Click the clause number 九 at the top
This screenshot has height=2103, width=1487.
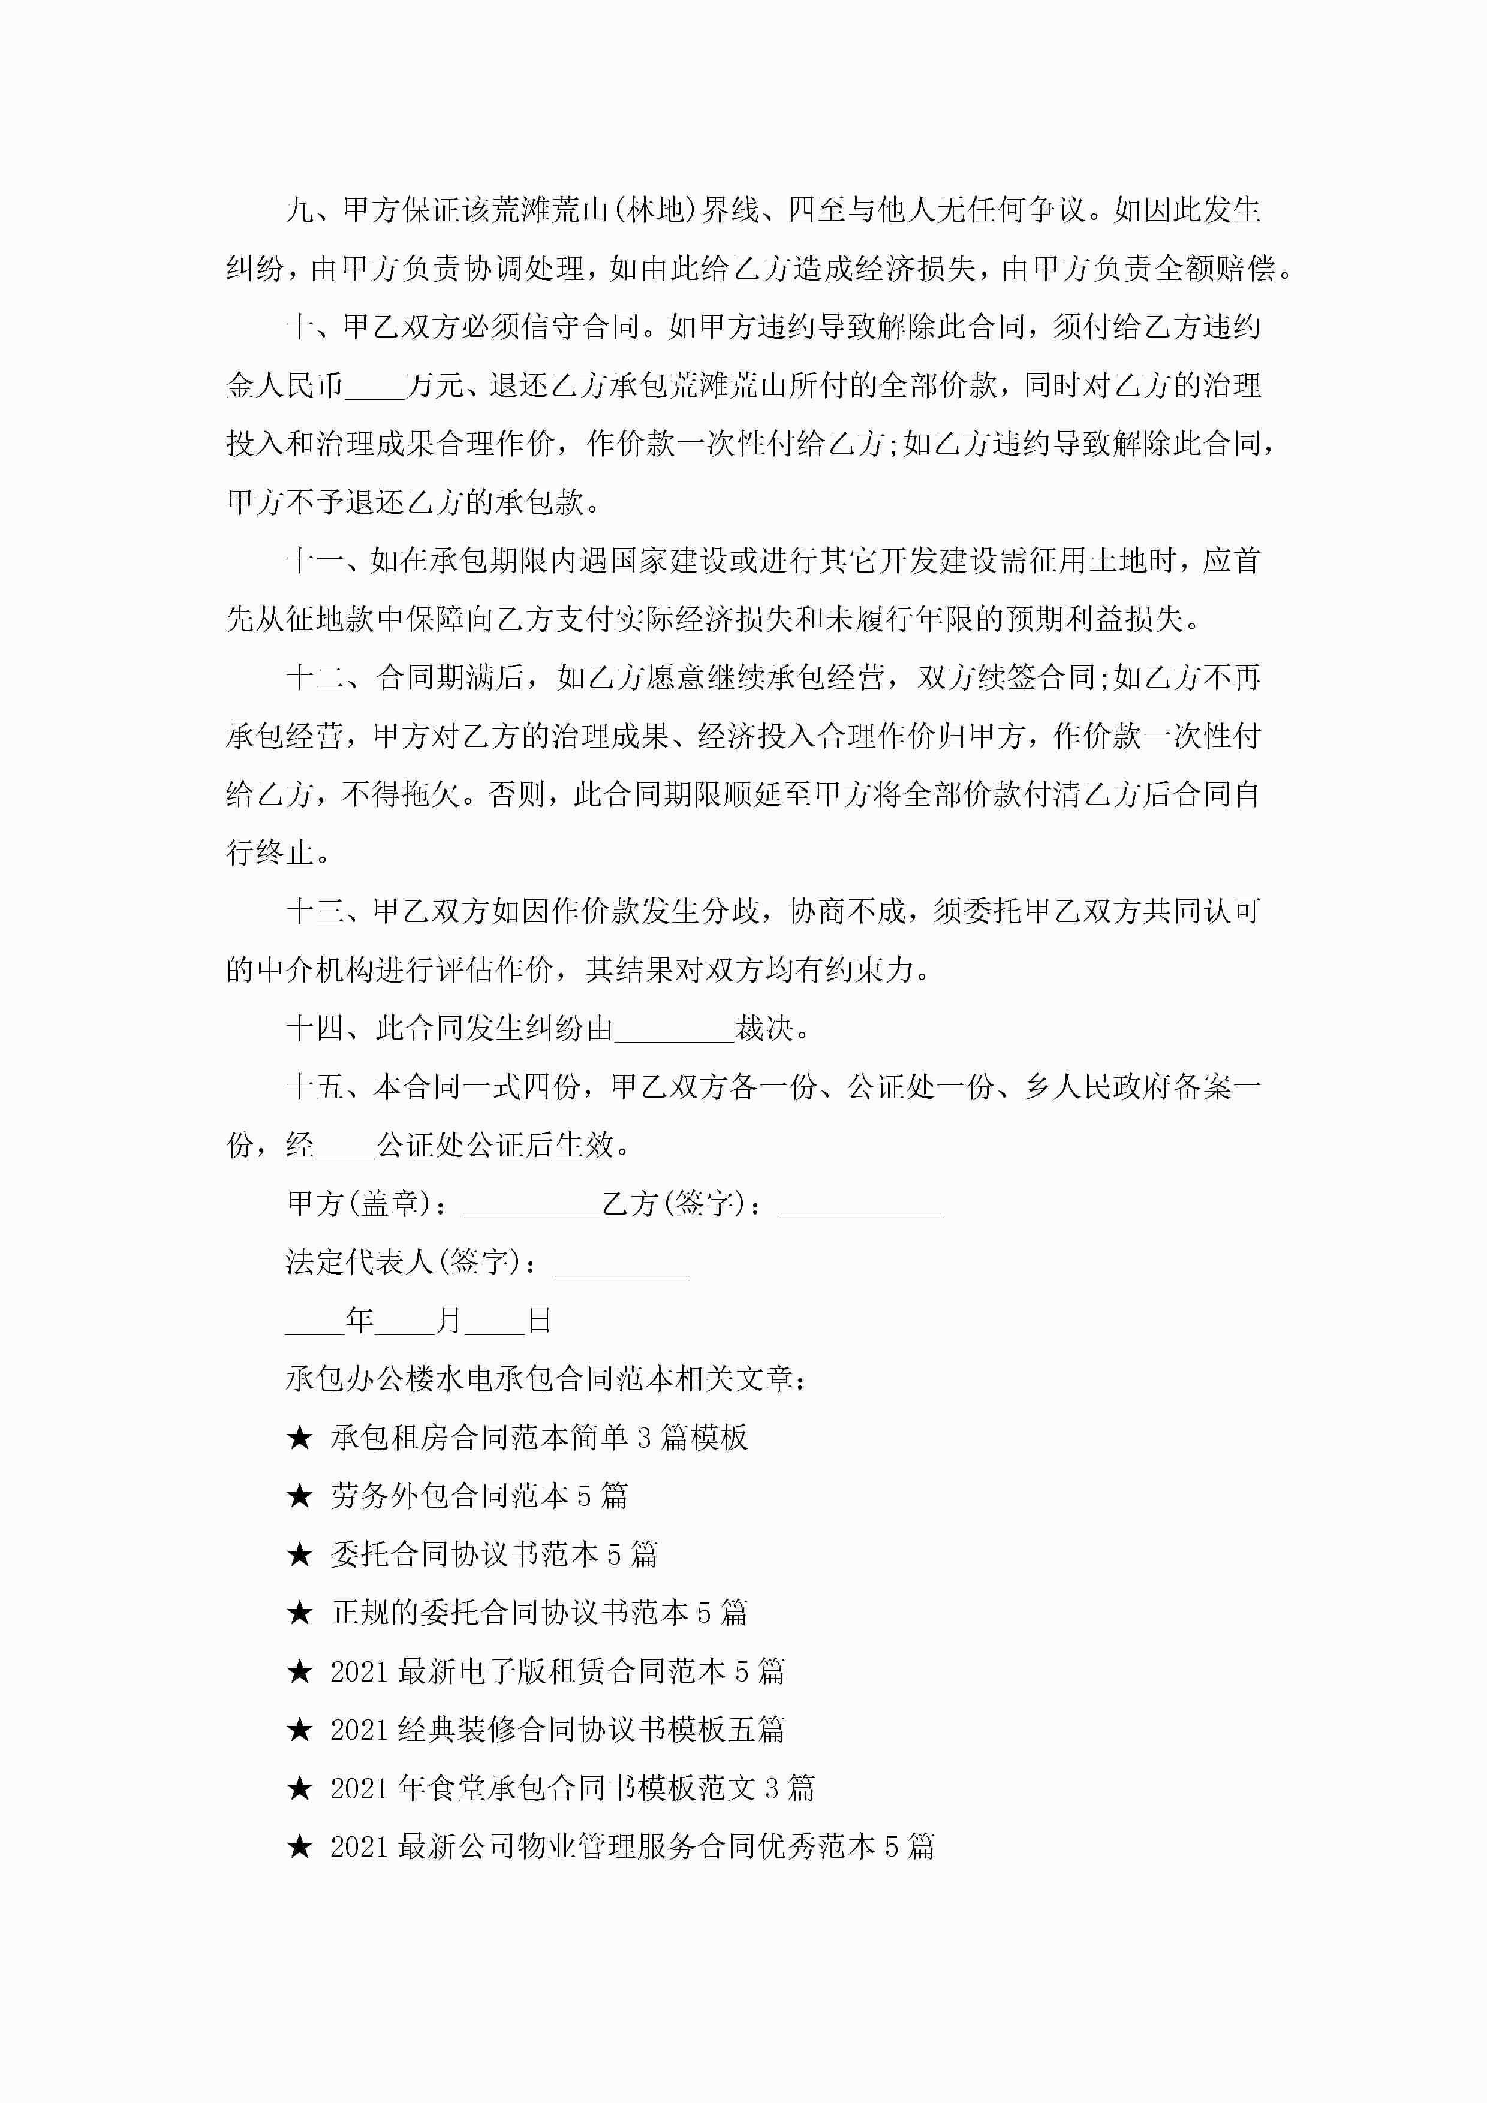tap(300, 210)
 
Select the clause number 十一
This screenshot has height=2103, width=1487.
tap(314, 561)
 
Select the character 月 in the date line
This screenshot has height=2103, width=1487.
tap(449, 1321)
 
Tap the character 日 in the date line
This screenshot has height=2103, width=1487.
tap(540, 1321)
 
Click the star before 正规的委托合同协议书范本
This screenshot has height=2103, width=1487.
tap(300, 1613)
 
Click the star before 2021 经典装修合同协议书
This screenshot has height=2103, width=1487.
tap(300, 1730)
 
